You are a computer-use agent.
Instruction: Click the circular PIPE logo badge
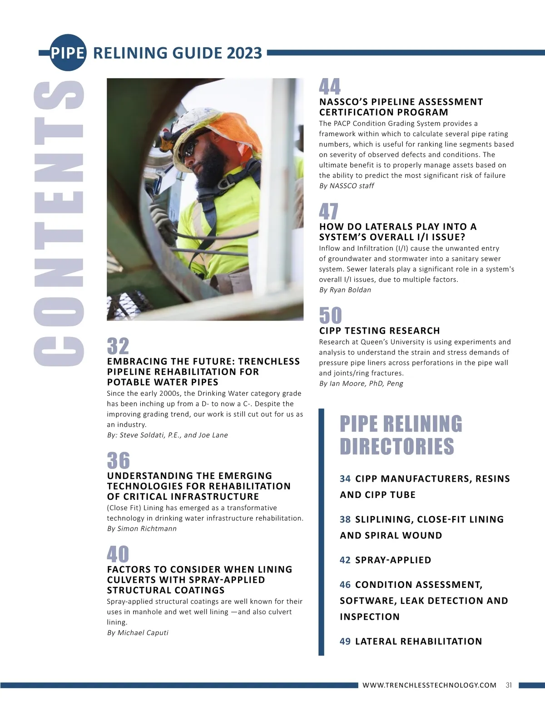coord(68,53)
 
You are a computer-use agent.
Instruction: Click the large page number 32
coord(118,346)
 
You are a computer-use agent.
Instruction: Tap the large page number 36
coord(119,461)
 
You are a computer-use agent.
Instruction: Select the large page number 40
coord(118,554)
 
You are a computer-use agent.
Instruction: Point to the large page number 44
coord(330,87)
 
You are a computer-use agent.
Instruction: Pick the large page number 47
coord(329,212)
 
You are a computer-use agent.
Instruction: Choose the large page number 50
coord(330,316)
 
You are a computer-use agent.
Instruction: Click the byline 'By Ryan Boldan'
coord(345,290)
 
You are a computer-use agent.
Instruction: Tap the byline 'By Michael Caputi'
coord(138,633)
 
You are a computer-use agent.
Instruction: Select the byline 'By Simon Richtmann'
coord(142,529)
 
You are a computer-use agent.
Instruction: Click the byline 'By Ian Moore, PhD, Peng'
coord(361,384)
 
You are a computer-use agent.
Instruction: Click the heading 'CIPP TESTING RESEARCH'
coord(380,331)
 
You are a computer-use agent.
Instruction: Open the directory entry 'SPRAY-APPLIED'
coord(393,560)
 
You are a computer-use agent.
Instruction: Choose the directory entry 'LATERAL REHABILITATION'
coord(418,641)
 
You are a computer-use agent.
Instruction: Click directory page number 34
coord(345,479)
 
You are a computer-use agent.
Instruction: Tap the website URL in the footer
coord(429,685)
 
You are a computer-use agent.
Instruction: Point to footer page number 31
coord(509,685)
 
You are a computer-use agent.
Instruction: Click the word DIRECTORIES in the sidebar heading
coord(397,446)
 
